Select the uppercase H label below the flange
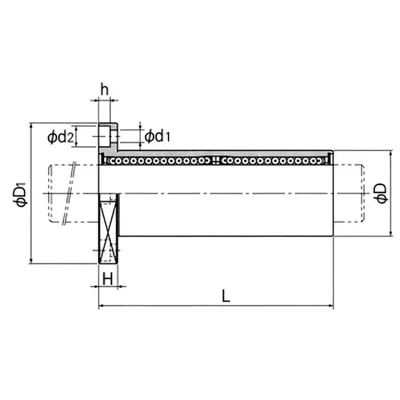[107, 278]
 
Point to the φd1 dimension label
[157, 136]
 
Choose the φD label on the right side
[380, 193]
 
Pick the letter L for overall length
[226, 296]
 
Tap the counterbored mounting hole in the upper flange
[107, 134]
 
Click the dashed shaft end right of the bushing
[349, 193]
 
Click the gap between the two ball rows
[215, 160]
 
